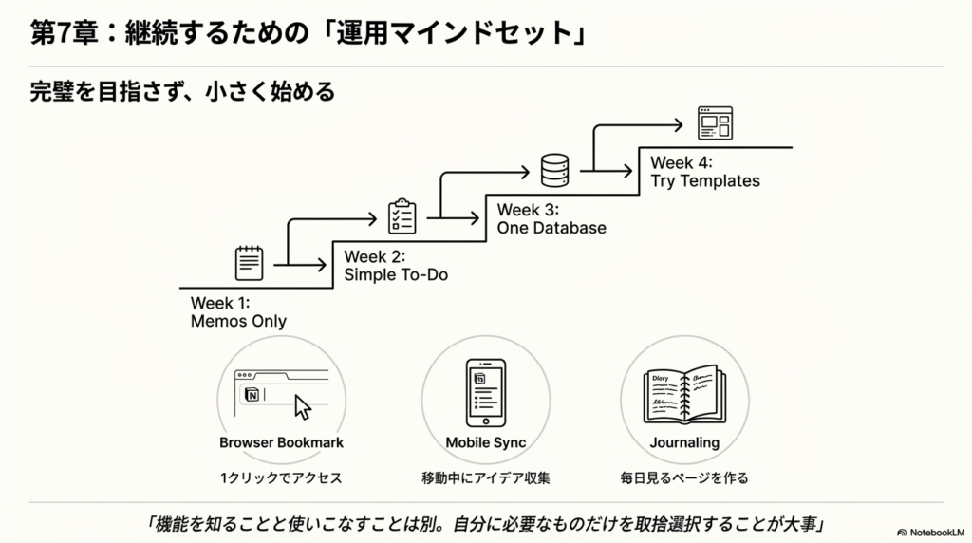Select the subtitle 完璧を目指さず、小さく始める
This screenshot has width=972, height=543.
[182, 92]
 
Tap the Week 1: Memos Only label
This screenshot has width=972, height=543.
[238, 311]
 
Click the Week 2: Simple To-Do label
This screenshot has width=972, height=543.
[395, 265]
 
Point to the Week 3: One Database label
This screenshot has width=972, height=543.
[551, 218]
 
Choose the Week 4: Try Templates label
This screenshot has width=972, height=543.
[704, 172]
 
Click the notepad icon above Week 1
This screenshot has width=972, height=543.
[250, 263]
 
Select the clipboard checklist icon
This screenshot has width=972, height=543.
[402, 216]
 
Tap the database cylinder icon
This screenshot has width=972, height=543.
[554, 170]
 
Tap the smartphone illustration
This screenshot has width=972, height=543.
[485, 392]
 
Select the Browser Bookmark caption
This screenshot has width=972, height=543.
[281, 442]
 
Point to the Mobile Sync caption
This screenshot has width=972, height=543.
[485, 442]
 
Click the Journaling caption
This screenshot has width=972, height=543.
[683, 442]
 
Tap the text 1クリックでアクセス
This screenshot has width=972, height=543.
[281, 477]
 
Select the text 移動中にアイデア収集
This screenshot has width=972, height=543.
[485, 477]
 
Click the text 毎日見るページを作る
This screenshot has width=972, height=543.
[683, 477]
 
